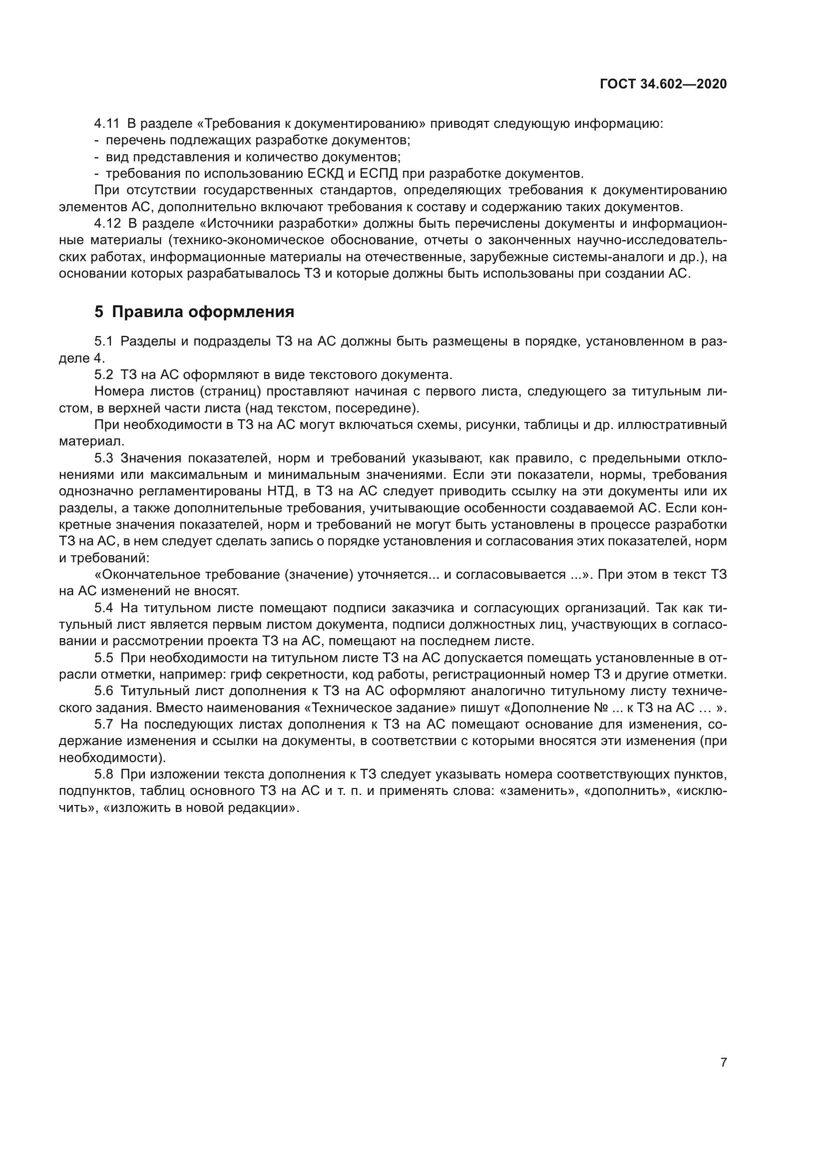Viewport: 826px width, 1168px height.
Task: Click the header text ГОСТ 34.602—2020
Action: click(663, 84)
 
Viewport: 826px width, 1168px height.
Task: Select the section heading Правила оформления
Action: click(203, 312)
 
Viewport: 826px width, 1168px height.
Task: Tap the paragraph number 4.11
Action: click(106, 124)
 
